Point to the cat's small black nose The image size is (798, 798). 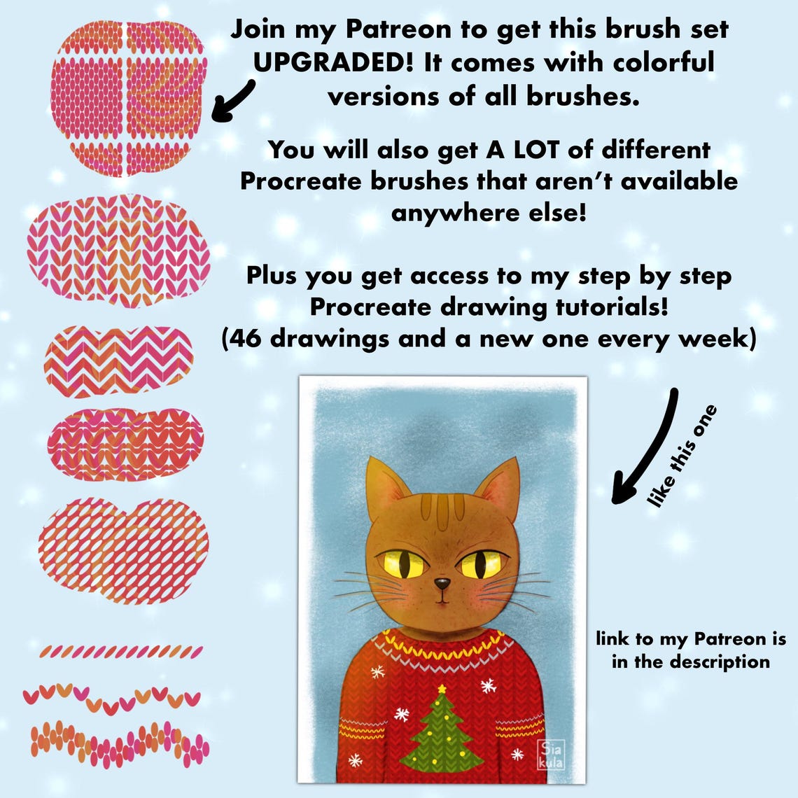click(x=442, y=582)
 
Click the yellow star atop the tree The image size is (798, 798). click(x=442, y=689)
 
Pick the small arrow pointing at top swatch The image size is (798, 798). click(x=233, y=101)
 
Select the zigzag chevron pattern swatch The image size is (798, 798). click(x=119, y=360)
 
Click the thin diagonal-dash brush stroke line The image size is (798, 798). click(x=120, y=652)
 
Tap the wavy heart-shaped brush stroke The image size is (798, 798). click(x=112, y=697)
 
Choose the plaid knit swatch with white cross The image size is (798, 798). click(x=129, y=98)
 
